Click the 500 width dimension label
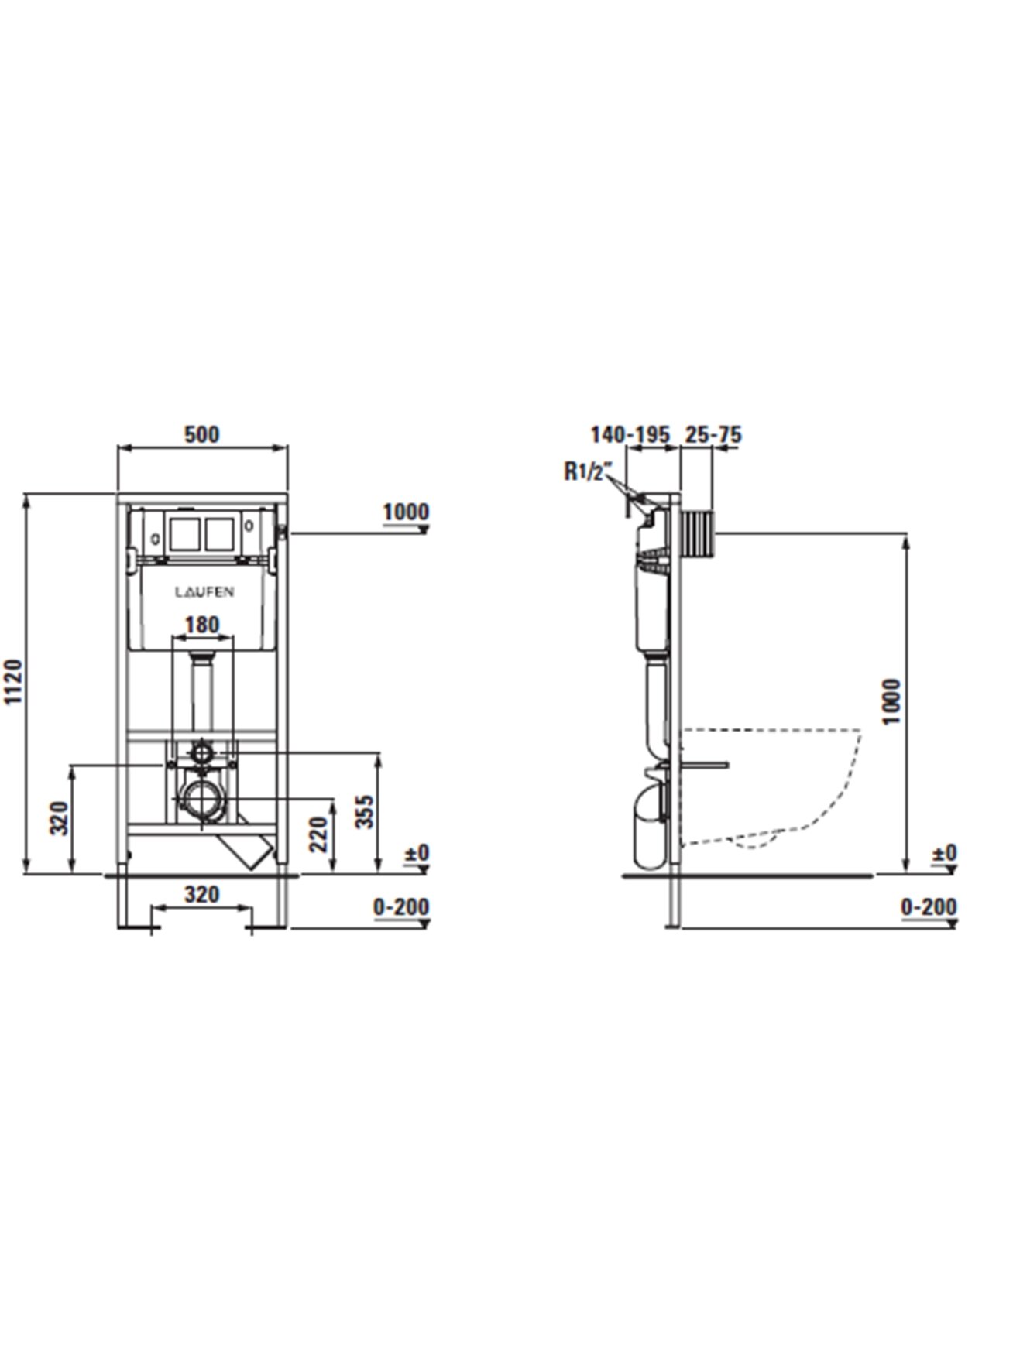pyautogui.click(x=201, y=434)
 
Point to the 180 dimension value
pyautogui.click(x=202, y=624)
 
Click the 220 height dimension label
pyautogui.click(x=320, y=834)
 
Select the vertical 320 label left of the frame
pyautogui.click(x=61, y=817)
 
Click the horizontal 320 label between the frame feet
pyautogui.click(x=202, y=895)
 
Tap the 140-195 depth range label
pyautogui.click(x=630, y=435)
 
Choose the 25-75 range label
pyautogui.click(x=713, y=435)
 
